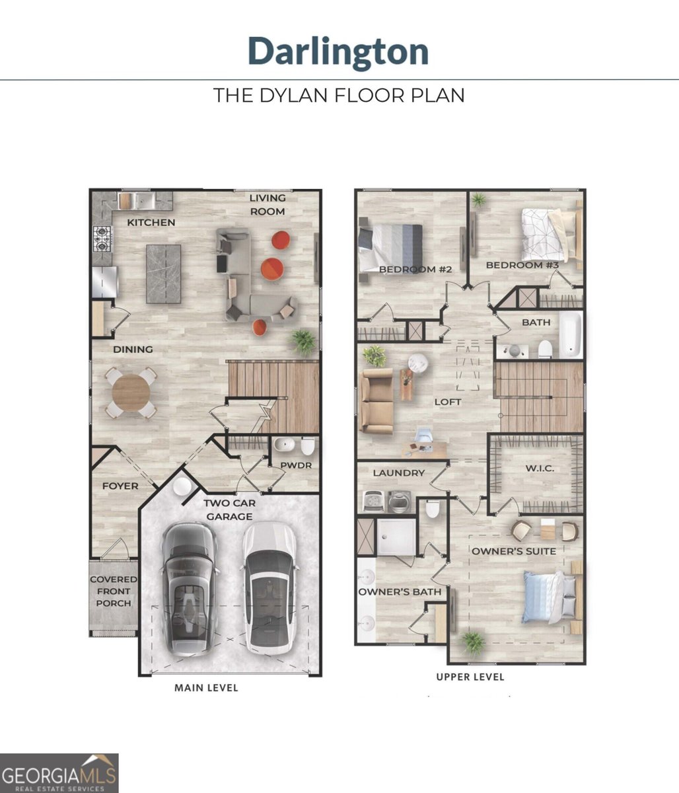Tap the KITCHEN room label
click(x=151, y=223)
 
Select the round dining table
click(x=131, y=393)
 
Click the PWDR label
click(x=296, y=465)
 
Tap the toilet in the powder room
click(x=308, y=445)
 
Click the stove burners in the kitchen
click(x=102, y=239)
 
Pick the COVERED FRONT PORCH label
click(x=114, y=591)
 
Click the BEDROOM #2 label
click(x=415, y=270)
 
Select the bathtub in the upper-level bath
click(x=571, y=334)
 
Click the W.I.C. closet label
click(x=540, y=469)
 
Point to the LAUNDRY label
click(x=399, y=473)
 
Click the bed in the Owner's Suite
click(x=552, y=597)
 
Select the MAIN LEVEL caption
click(x=206, y=688)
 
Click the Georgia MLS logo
click(x=59, y=773)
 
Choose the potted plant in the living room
click(x=304, y=342)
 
